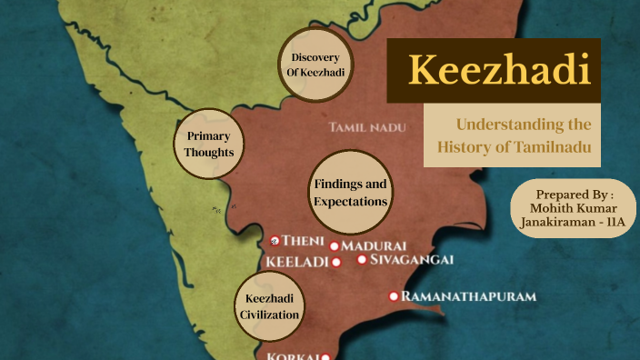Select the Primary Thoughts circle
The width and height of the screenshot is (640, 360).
(209, 144)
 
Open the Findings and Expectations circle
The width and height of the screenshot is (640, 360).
(350, 192)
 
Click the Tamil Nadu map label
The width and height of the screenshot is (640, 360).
(367, 127)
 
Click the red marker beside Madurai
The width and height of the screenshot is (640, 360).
(335, 246)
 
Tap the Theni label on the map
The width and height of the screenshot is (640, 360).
(303, 241)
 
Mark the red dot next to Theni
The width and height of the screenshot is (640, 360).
(275, 241)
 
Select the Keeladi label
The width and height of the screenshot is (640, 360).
(296, 261)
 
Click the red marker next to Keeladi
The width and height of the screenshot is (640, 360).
(335, 262)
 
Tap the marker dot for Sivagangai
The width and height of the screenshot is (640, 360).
(362, 259)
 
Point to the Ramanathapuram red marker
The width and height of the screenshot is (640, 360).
(394, 296)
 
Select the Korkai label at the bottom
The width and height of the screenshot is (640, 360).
(291, 355)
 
